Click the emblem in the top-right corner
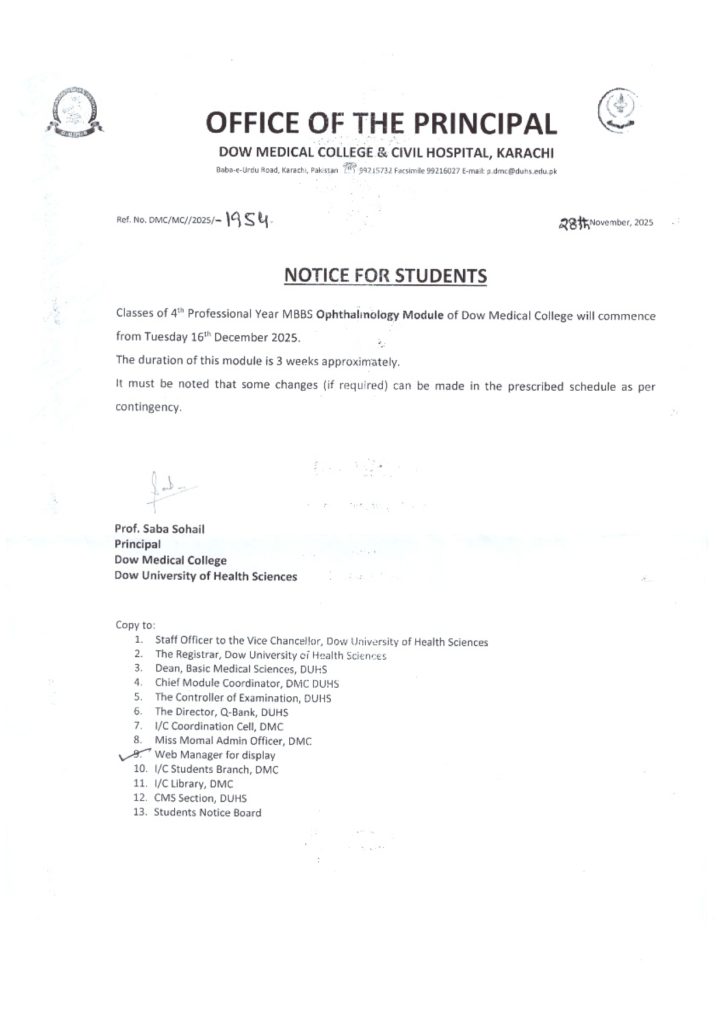(617, 109)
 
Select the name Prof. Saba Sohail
(160, 529)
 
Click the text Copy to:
(135, 625)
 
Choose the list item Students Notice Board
(207, 813)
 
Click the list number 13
(140, 813)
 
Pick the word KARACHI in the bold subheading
(522, 153)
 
